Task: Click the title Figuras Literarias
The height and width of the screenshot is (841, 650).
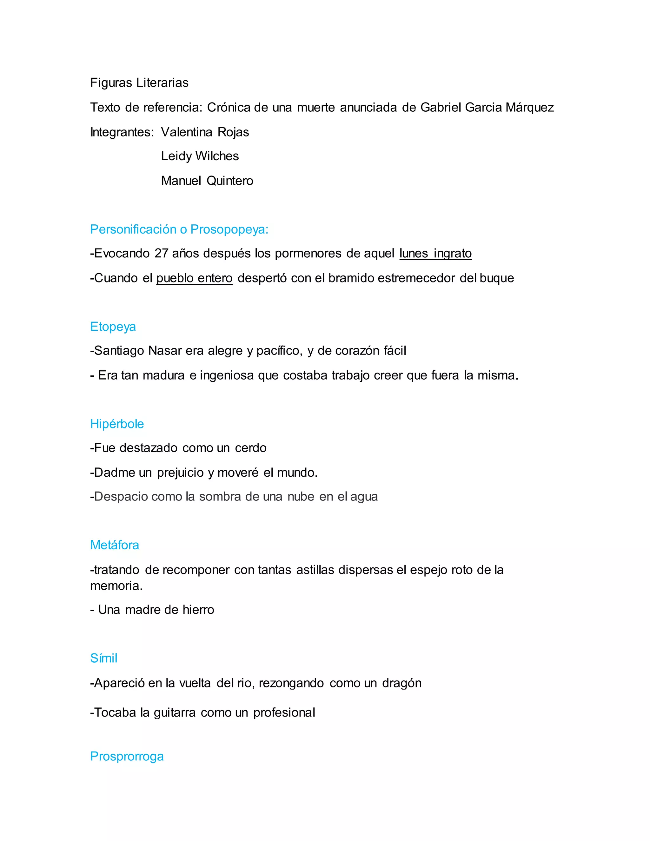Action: coord(139,83)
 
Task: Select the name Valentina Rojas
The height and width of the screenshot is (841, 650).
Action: coord(205,132)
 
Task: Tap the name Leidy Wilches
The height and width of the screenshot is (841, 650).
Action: coord(200,156)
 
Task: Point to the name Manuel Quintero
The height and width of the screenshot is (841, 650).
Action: coord(207,181)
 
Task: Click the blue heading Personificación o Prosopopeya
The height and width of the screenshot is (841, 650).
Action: coord(179,229)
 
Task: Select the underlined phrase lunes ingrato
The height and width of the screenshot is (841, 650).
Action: coord(435,253)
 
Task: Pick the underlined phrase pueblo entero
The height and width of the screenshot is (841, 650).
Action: coord(195,278)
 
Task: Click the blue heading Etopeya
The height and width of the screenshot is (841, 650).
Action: coord(113,327)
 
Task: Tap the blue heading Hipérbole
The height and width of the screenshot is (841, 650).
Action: coord(117,424)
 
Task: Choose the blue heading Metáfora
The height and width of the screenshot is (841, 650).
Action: coord(114,545)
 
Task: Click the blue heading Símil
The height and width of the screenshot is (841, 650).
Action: coord(103,658)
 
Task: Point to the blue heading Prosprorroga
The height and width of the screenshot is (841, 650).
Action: coord(127,756)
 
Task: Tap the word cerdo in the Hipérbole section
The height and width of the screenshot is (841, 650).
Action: coord(251,448)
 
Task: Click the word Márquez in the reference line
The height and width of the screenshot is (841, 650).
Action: coord(529,108)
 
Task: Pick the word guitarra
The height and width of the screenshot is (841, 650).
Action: coord(175,713)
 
